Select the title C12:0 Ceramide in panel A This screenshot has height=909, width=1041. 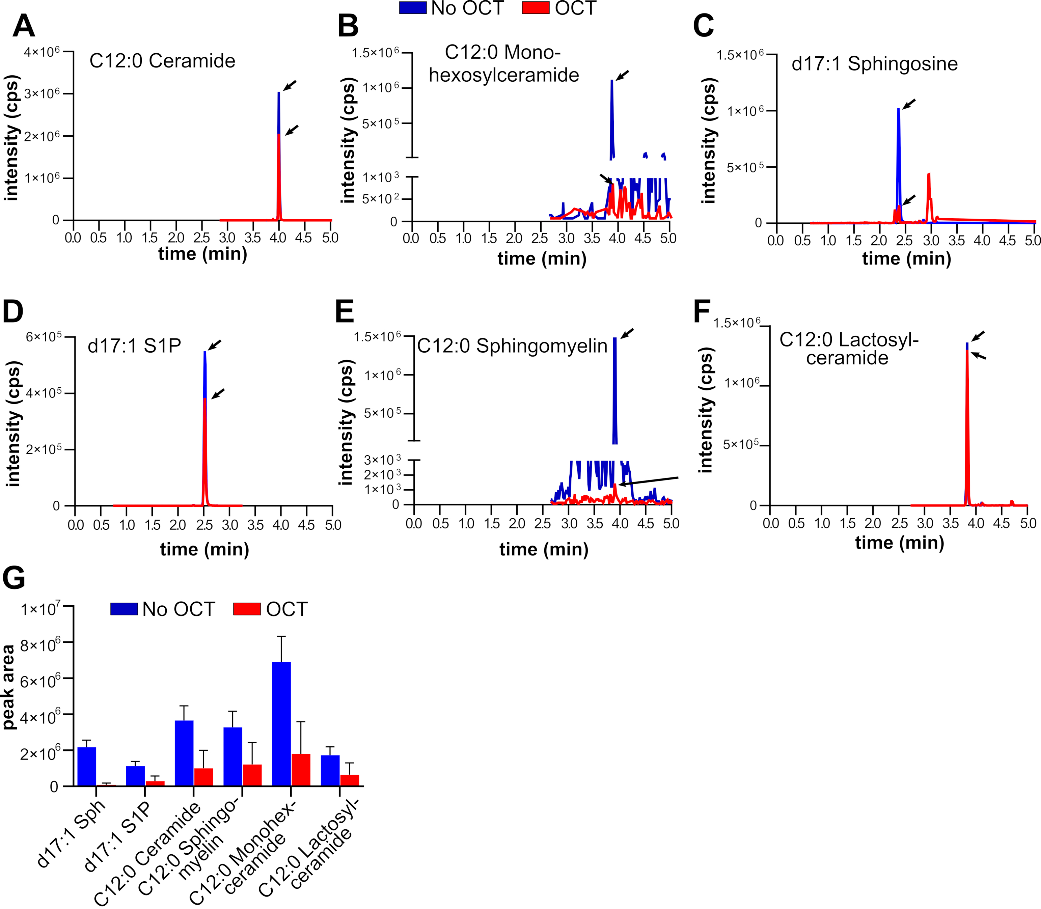click(162, 61)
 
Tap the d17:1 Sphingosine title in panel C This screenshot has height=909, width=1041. click(874, 64)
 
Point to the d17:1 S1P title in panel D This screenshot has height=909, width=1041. click(134, 346)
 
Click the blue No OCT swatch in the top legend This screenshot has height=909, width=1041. click(412, 8)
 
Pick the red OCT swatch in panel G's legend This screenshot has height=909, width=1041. click(247, 609)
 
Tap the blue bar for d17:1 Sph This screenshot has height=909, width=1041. click(87, 767)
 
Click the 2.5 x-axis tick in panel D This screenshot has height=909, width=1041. click(204, 524)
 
